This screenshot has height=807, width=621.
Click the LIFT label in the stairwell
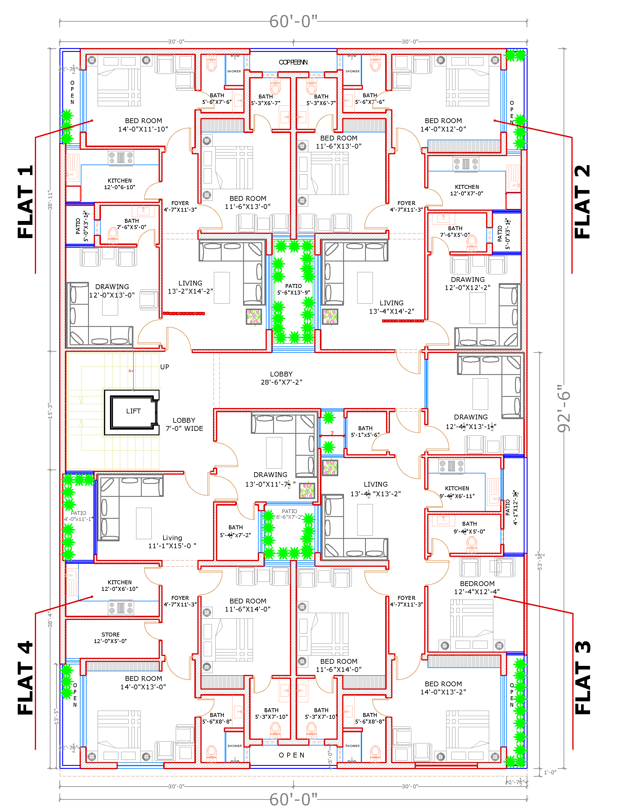click(133, 411)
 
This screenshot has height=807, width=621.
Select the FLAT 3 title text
click(583, 677)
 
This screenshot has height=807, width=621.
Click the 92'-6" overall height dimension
click(564, 408)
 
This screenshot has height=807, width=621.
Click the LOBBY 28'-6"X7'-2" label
click(281, 378)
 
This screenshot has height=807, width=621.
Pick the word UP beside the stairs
click(165, 367)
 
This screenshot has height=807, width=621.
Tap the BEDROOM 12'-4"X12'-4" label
click(477, 588)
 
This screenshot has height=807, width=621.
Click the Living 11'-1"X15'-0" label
click(172, 542)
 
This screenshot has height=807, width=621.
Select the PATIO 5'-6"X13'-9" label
click(294, 289)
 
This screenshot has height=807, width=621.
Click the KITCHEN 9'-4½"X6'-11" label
click(457, 492)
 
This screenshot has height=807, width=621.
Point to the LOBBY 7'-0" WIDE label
click(184, 425)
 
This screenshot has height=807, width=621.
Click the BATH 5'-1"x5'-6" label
click(365, 431)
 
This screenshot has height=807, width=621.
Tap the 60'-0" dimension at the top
click(293, 21)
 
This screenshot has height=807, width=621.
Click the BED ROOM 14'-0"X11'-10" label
click(143, 125)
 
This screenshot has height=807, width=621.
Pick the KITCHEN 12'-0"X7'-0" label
click(467, 190)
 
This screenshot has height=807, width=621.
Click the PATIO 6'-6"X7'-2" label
click(289, 514)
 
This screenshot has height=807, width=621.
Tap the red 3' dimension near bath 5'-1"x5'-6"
click(332, 433)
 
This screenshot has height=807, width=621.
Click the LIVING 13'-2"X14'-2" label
click(190, 287)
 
